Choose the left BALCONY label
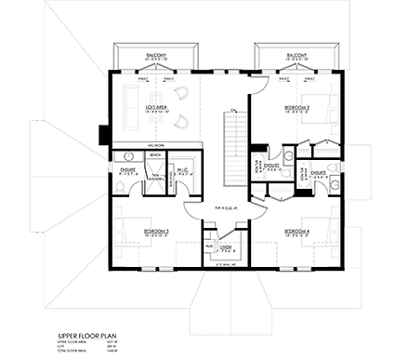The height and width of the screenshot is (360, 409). tap(156, 56)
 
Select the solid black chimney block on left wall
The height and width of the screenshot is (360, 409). tap(102, 131)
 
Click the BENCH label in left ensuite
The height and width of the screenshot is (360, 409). tap(154, 155)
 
